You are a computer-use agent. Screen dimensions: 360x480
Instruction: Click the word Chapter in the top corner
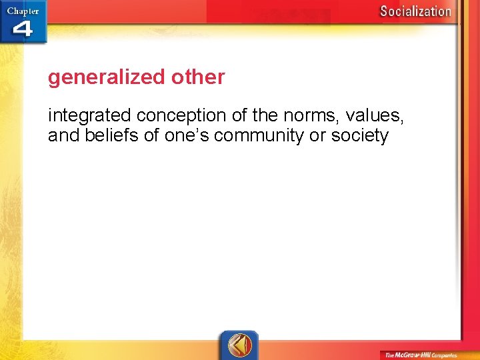23,11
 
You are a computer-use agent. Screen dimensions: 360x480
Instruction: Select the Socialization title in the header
415,11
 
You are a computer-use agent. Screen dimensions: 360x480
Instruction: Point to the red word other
198,77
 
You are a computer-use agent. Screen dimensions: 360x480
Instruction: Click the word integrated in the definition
90,116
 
